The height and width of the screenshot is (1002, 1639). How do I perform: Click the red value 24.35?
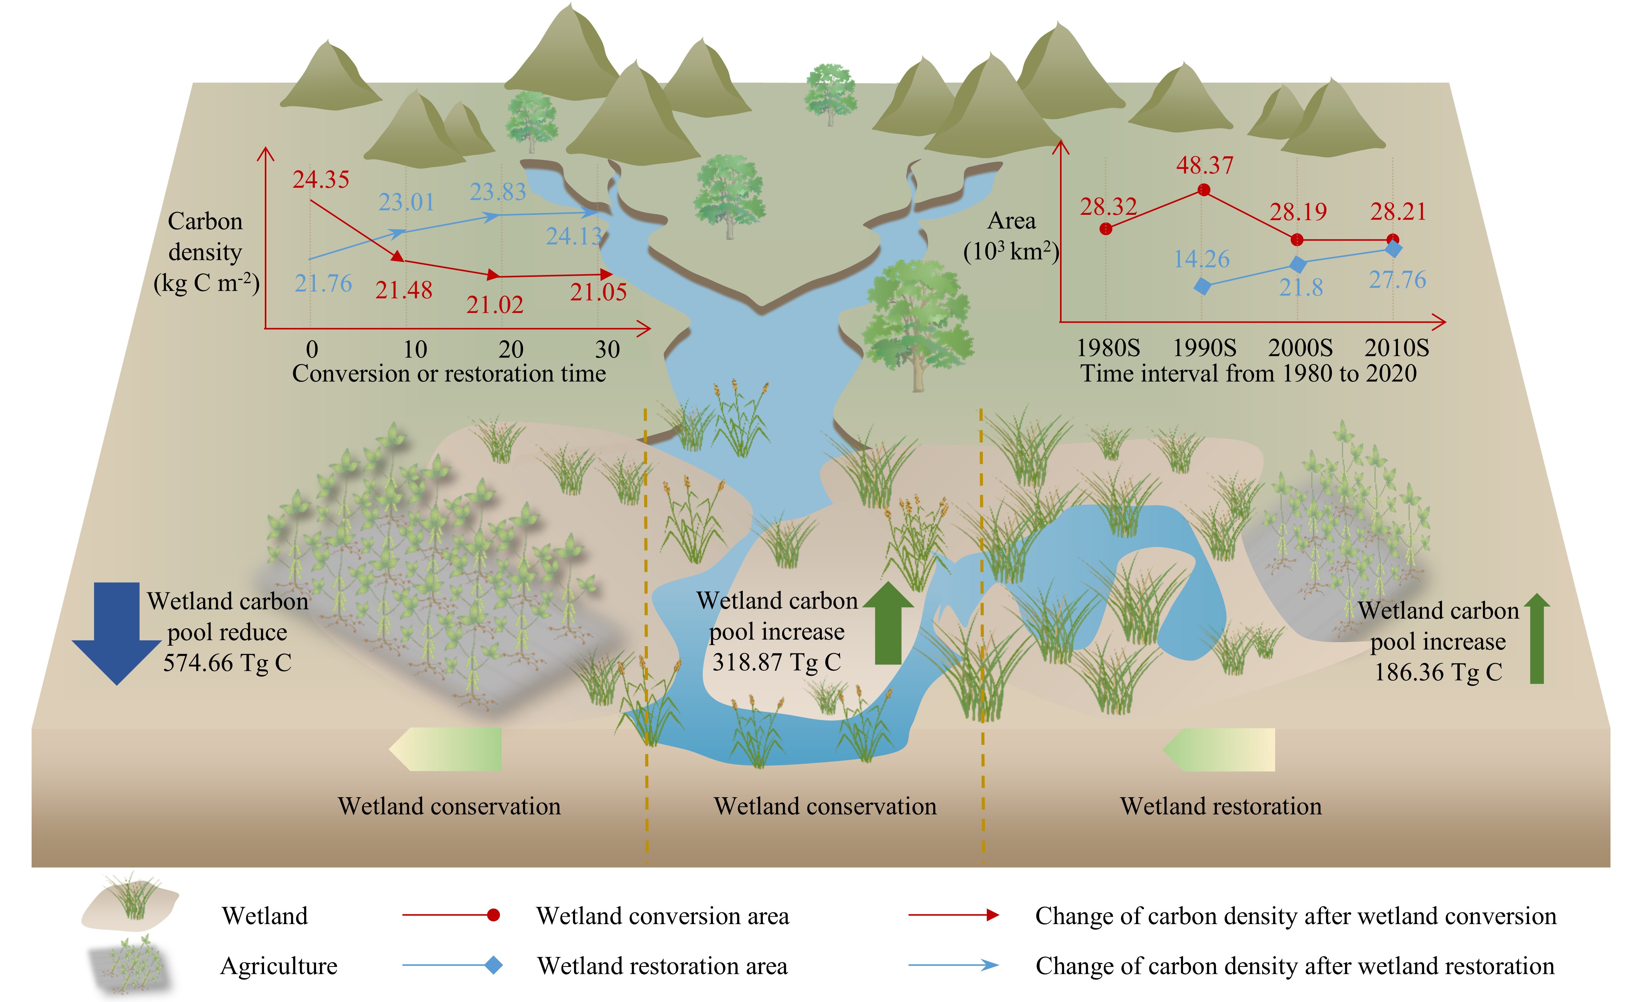pyautogui.click(x=321, y=180)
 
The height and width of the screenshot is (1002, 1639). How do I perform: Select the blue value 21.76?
pyautogui.click(x=323, y=284)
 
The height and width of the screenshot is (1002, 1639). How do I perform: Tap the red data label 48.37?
pyautogui.click(x=1205, y=165)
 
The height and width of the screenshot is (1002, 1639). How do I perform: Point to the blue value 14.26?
pyautogui.click(x=1201, y=259)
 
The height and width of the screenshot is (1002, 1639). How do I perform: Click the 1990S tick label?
pyautogui.click(x=1204, y=348)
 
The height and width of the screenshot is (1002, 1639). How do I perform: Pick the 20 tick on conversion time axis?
pyautogui.click(x=511, y=349)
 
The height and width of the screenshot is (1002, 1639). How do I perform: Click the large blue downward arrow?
pyautogui.click(x=117, y=632)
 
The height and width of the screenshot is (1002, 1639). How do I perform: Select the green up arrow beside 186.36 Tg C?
pyautogui.click(x=1536, y=639)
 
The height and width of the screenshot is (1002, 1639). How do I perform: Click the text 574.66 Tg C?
pyautogui.click(x=227, y=663)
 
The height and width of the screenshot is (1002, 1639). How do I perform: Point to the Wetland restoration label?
pyautogui.click(x=1221, y=806)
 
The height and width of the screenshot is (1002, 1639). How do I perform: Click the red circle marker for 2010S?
pyautogui.click(x=1393, y=240)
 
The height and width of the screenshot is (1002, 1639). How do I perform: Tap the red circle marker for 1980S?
pyautogui.click(x=1106, y=229)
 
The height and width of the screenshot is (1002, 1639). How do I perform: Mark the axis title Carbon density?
pyautogui.click(x=205, y=251)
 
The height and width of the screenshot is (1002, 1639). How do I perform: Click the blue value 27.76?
pyautogui.click(x=1397, y=280)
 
